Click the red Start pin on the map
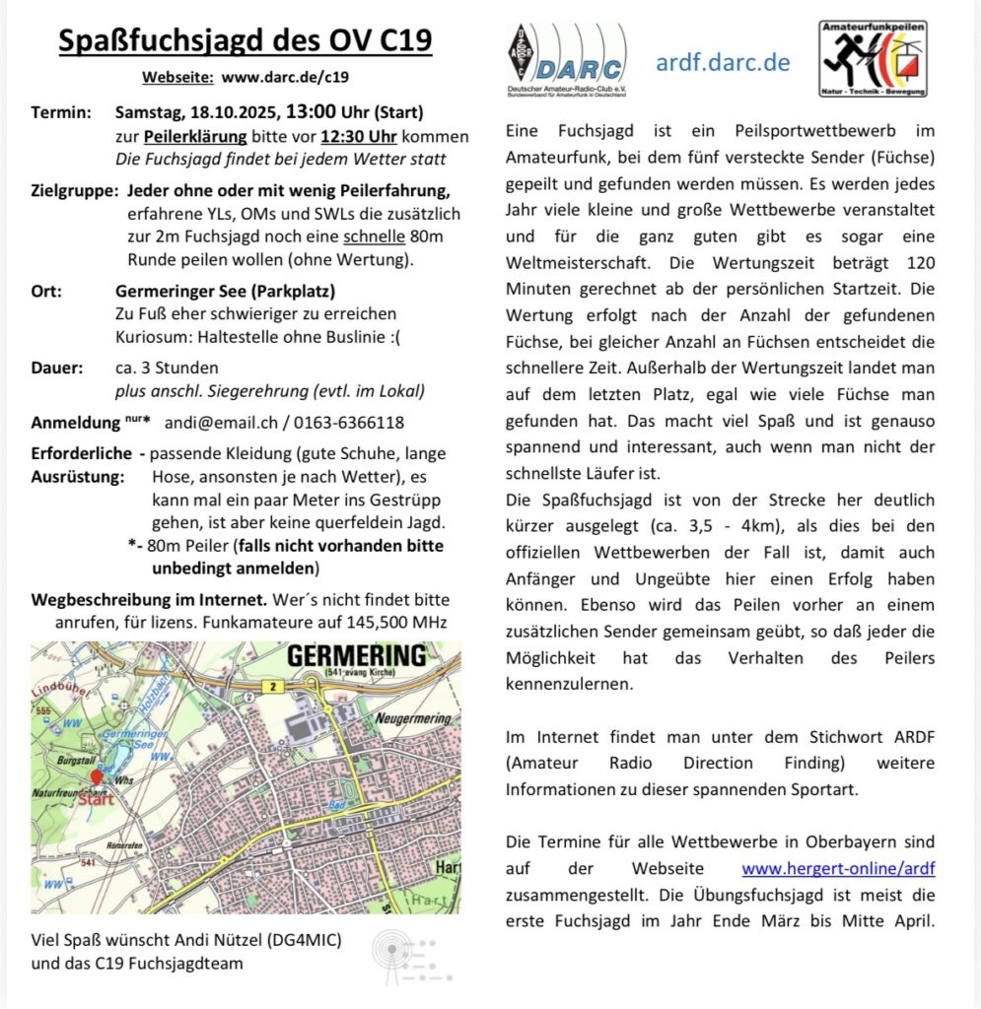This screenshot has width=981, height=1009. point(96,778)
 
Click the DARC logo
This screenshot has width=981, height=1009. point(564,62)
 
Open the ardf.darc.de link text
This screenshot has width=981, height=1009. point(723,63)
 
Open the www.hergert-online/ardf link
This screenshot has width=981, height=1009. point(838,868)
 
